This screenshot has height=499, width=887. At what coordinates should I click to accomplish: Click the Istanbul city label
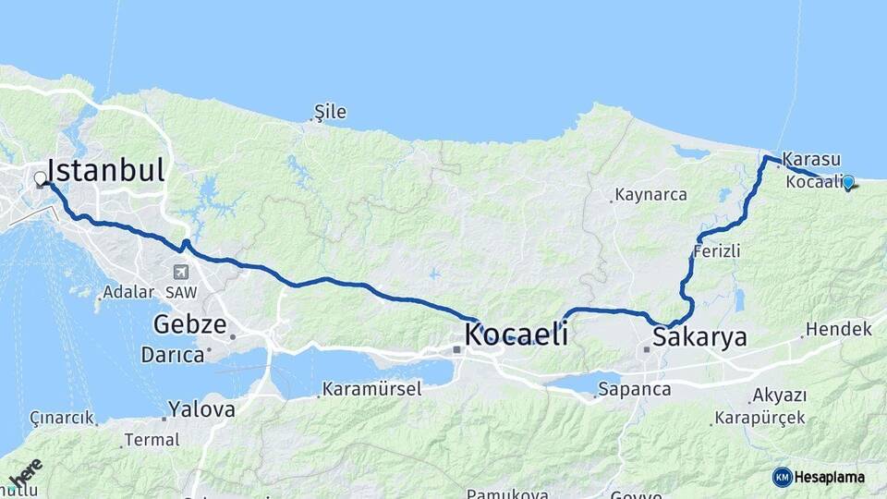click(106, 170)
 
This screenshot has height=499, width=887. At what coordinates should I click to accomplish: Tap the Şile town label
click(330, 113)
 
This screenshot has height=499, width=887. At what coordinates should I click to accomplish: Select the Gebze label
click(189, 324)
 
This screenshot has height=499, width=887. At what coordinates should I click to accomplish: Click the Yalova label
click(201, 409)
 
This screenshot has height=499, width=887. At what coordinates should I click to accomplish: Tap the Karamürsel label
click(371, 389)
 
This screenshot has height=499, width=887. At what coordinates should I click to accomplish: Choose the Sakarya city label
click(699, 337)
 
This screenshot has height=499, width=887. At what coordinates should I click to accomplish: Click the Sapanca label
click(634, 389)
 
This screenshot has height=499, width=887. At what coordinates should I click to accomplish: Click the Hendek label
click(838, 329)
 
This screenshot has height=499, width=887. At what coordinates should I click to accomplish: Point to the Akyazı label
click(779, 396)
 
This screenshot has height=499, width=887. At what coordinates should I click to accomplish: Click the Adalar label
click(128, 292)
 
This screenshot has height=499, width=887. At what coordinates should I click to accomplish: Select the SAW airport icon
click(179, 273)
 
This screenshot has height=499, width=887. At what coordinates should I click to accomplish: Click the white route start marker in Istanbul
click(41, 178)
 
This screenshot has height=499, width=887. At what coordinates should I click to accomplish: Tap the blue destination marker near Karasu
click(847, 182)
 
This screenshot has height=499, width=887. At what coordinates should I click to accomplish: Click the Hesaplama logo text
click(829, 478)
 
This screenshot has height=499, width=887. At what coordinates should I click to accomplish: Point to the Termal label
click(152, 440)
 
